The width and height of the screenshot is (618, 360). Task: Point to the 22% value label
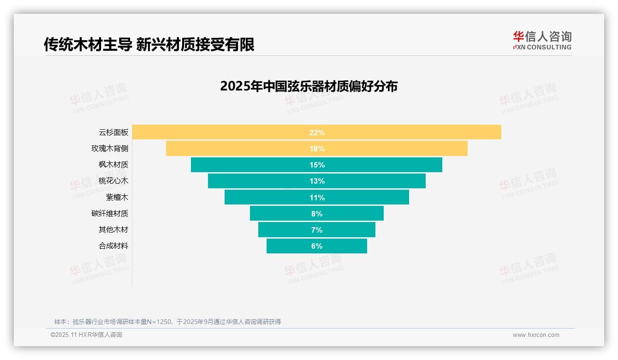tap(317, 132)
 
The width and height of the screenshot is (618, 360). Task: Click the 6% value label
tap(317, 246)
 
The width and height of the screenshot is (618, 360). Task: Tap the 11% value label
tap(317, 198)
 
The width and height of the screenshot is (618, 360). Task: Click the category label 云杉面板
tap(113, 132)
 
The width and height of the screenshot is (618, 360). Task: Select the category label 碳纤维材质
tap(110, 214)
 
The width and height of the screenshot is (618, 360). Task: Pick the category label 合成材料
tap(113, 246)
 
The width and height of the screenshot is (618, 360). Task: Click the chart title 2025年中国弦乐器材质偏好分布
tap(309, 86)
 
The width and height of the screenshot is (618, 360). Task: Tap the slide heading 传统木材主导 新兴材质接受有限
tap(149, 44)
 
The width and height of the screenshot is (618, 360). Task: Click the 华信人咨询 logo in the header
tap(542, 40)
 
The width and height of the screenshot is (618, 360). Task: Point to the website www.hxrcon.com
tap(536, 335)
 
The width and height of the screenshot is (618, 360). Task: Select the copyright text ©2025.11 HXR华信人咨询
tap(86, 335)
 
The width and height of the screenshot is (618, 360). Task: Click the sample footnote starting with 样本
tap(167, 322)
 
